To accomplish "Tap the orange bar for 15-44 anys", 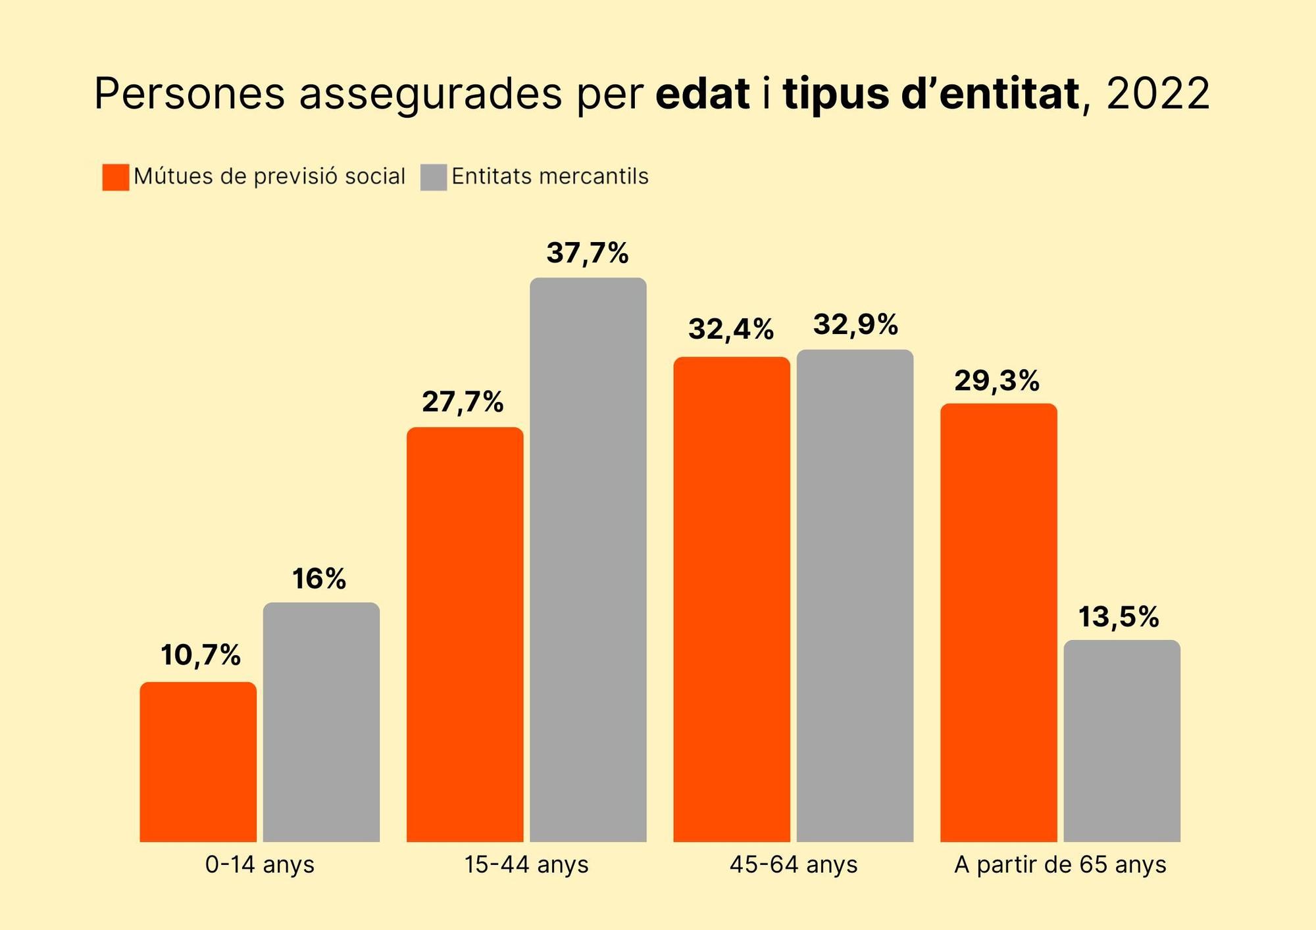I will pos(465,634).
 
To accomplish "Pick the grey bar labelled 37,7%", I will pos(588,559).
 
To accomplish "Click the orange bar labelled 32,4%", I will pos(731,599).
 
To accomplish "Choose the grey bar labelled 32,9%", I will pos(855,595).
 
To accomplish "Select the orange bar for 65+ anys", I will pos(998,622).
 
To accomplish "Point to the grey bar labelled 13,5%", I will pos(1122,741).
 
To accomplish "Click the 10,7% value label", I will pos(201,655).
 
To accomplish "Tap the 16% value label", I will pos(319,579).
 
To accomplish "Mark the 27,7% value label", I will pos(463,402).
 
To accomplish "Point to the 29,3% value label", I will pos(997,381).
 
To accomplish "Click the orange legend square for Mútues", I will pos(116,177).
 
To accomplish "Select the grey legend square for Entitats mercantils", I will pos(434,177).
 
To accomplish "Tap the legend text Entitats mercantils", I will pos(550,176).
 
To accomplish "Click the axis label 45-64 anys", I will pos(793,864).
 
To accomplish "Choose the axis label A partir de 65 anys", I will pos(1060,864).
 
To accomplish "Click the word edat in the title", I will pos(703,93).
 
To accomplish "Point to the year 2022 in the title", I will pos(1158,93).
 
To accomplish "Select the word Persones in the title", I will pos(190,93).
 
